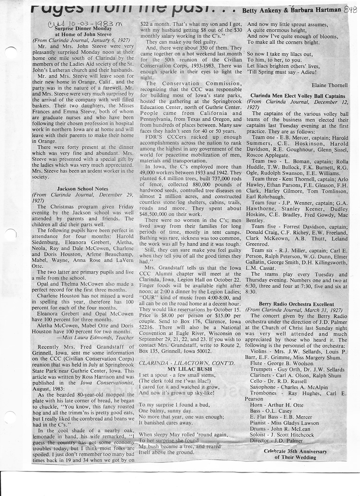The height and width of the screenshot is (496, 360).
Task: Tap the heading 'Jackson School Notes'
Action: [83, 189]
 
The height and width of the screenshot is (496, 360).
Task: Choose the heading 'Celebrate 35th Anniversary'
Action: [295, 451]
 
